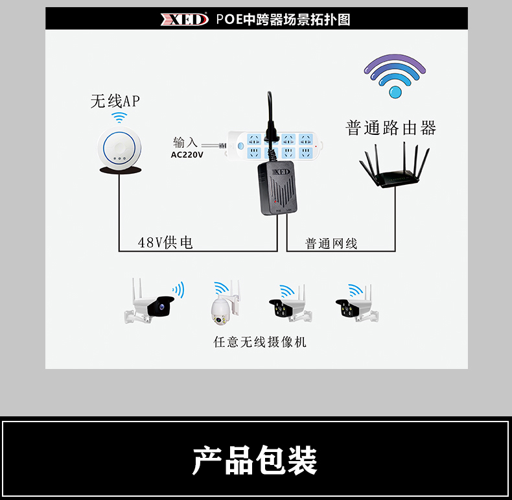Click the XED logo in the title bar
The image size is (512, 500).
tap(184, 19)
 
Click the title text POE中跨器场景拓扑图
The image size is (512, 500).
tap(283, 19)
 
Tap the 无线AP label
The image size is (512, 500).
tap(115, 101)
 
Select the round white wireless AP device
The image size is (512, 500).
tap(119, 149)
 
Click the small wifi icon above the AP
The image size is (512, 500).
tap(119, 117)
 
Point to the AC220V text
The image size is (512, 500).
tap(187, 155)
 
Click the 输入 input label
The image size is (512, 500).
tap(185, 143)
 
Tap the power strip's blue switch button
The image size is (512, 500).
tap(240, 146)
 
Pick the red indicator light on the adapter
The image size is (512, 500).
tap(275, 202)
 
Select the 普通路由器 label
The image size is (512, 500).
tap(391, 128)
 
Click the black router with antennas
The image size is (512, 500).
tap(395, 165)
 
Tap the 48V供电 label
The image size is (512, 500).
tap(165, 243)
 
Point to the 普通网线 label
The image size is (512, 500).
tap(331, 244)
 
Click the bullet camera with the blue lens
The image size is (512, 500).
tap(150, 302)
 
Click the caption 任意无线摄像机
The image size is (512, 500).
tap(260, 342)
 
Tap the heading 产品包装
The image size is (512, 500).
tap(255, 460)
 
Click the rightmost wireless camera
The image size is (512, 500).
tap(357, 304)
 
